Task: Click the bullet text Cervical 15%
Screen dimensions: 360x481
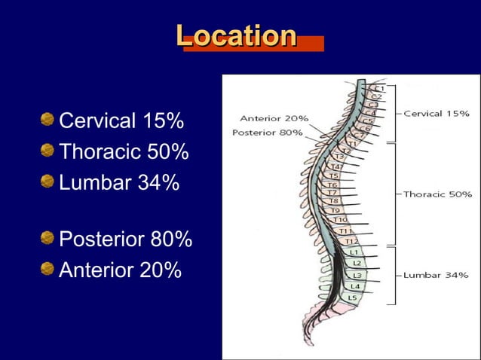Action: (x=121, y=121)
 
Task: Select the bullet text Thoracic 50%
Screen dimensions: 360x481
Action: (x=124, y=152)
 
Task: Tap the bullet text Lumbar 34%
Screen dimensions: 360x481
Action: (x=119, y=183)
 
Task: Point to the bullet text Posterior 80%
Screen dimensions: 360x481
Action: (x=125, y=240)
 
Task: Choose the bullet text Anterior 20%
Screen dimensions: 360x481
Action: (x=120, y=270)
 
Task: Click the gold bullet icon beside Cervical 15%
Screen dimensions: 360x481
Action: (x=48, y=121)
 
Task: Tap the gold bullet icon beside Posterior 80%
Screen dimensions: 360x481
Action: (x=48, y=239)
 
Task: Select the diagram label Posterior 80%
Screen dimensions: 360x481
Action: (x=268, y=133)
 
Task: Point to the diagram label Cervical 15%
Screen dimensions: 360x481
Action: (x=437, y=114)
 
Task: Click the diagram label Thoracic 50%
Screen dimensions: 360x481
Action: (x=437, y=194)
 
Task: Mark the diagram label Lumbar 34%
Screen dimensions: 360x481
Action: (x=435, y=275)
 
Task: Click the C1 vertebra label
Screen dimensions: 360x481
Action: (x=379, y=89)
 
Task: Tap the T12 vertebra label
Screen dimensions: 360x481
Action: (x=351, y=241)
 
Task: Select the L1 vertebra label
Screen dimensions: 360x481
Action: (x=354, y=252)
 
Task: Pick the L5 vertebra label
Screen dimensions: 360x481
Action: (x=352, y=297)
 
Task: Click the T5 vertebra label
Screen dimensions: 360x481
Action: (x=332, y=175)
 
